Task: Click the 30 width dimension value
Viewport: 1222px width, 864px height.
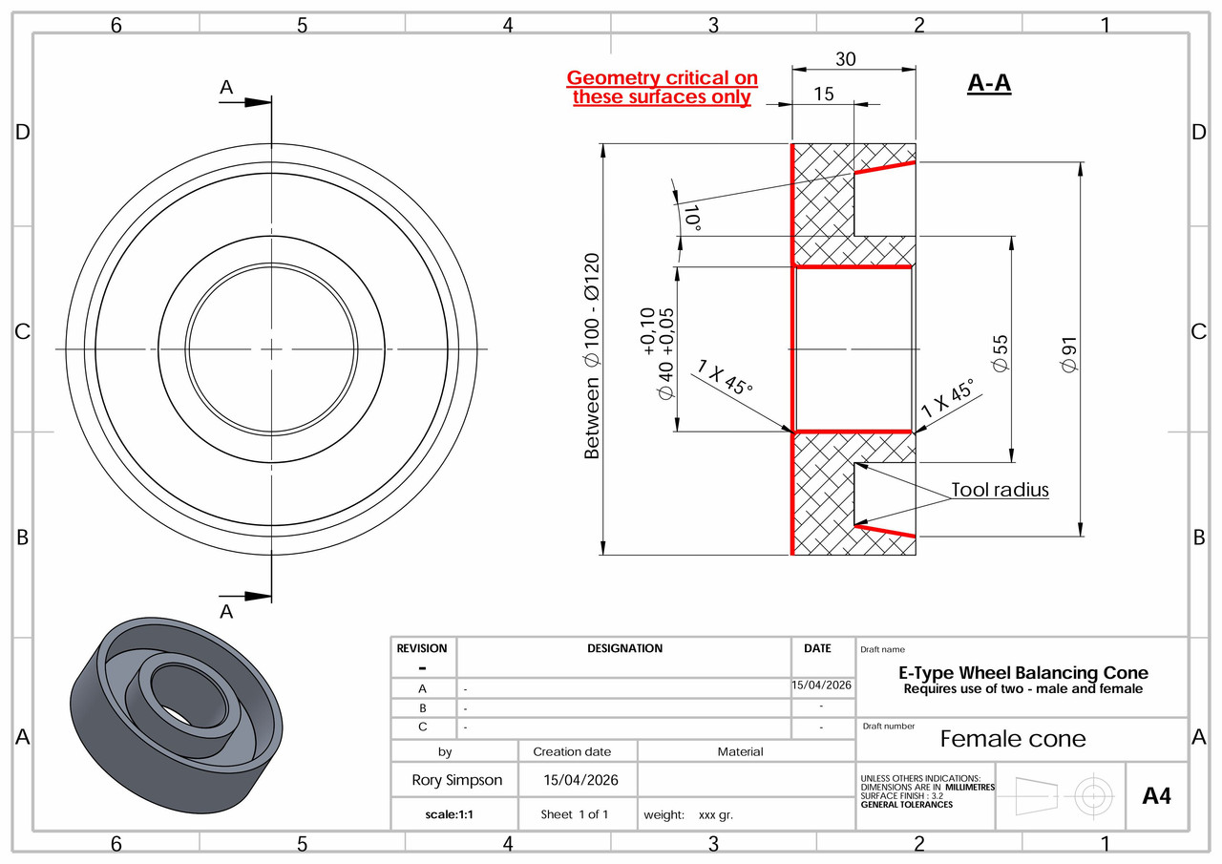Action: point(845,59)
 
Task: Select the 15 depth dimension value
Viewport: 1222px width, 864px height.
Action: point(823,94)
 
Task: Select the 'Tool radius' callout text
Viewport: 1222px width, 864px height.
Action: point(1000,490)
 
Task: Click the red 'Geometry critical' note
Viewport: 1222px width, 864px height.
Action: point(662,87)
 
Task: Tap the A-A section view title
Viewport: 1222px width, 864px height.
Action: point(989,84)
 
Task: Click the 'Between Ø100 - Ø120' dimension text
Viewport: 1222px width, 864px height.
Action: point(592,356)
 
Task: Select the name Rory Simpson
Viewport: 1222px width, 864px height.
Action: point(456,780)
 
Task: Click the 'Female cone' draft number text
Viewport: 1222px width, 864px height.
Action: point(1012,739)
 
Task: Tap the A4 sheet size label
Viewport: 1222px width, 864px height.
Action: point(1156,795)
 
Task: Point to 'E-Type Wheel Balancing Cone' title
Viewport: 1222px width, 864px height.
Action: point(1022,673)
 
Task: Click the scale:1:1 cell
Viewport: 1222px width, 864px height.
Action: point(454,814)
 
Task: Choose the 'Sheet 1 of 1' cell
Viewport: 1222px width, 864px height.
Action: point(575,814)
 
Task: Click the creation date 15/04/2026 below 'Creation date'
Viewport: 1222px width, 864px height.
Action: point(580,780)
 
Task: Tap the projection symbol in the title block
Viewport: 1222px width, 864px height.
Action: point(1060,794)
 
